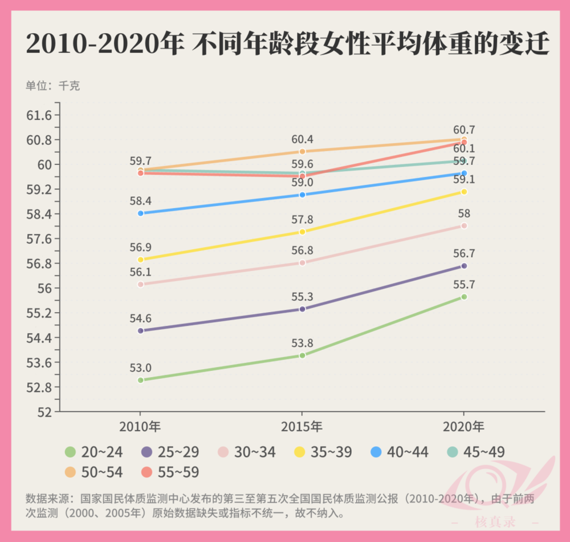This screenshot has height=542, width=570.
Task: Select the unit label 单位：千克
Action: pyautogui.click(x=52, y=86)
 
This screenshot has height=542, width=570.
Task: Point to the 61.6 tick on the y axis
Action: pyautogui.click(x=39, y=115)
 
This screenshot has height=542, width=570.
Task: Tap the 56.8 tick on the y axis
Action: pyautogui.click(x=39, y=264)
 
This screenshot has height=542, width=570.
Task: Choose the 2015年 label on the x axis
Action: pyautogui.click(x=302, y=426)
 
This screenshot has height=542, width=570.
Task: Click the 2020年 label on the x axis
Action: pyautogui.click(x=463, y=426)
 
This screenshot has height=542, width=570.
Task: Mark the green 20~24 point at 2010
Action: pyautogui.click(x=140, y=380)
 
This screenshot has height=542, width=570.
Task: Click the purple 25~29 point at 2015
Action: pyautogui.click(x=302, y=309)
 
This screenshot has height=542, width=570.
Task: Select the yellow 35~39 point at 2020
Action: pyautogui.click(x=464, y=192)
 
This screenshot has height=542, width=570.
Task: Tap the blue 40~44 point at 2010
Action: pyautogui.click(x=140, y=213)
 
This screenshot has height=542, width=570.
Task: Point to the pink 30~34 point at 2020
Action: pyautogui.click(x=464, y=226)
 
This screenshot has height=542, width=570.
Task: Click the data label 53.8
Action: pyautogui.click(x=302, y=343)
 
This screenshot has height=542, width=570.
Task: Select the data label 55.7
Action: pyautogui.click(x=464, y=285)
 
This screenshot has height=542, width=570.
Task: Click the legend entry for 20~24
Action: pyautogui.click(x=94, y=452)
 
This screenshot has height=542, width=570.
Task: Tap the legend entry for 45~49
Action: pyautogui.click(x=476, y=452)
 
